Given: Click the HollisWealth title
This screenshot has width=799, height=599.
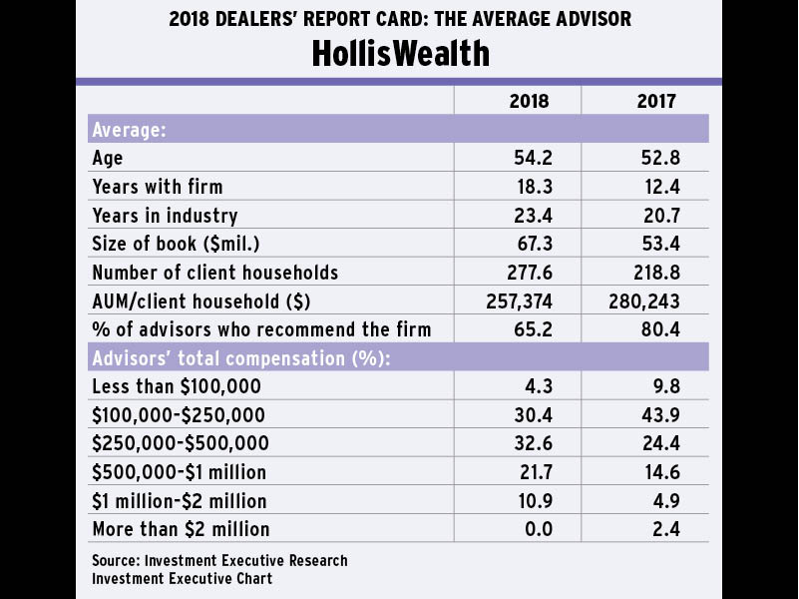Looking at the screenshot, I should point(400,53).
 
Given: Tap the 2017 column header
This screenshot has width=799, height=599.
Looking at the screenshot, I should point(656,101).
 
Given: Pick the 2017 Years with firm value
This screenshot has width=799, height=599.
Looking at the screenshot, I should point(657,187).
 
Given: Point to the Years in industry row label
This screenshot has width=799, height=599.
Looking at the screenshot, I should point(165,216).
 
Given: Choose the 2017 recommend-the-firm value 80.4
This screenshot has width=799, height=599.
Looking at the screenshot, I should point(657,329).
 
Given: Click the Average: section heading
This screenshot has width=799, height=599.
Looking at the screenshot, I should point(129,130).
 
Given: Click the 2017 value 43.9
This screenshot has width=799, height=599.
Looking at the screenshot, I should point(657,414).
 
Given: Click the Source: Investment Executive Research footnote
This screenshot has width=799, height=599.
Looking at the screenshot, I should point(219,560).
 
